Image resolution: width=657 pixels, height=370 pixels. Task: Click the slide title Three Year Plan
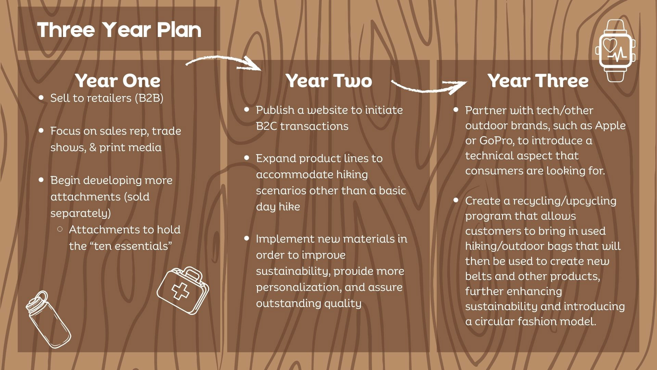[x=119, y=30]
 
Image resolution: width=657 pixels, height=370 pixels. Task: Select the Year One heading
[x=118, y=81]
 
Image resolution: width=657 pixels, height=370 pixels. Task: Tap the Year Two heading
[x=329, y=81]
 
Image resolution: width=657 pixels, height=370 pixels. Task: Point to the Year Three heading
[x=538, y=81]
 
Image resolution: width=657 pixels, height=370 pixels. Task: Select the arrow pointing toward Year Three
[x=429, y=87]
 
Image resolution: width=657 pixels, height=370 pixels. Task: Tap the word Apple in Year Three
[x=610, y=125]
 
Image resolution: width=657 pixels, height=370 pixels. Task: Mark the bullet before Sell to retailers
[x=41, y=98]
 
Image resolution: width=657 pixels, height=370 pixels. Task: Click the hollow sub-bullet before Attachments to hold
[x=60, y=229]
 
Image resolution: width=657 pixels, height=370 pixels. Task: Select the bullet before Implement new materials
[x=247, y=238]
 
